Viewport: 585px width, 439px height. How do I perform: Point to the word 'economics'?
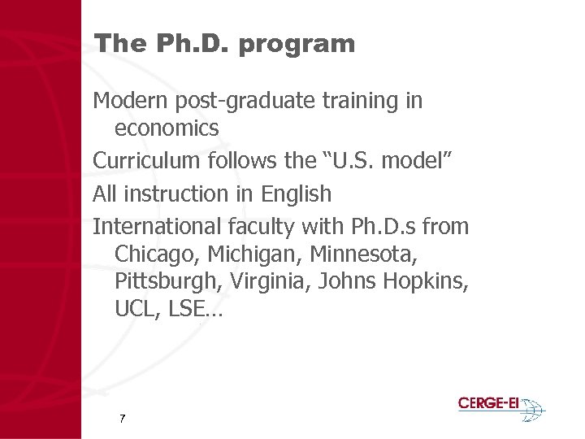(167, 128)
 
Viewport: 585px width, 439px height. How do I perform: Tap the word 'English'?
(297, 194)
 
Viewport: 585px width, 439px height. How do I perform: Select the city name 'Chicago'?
(158, 254)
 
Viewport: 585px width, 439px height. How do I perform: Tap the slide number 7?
(122, 419)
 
